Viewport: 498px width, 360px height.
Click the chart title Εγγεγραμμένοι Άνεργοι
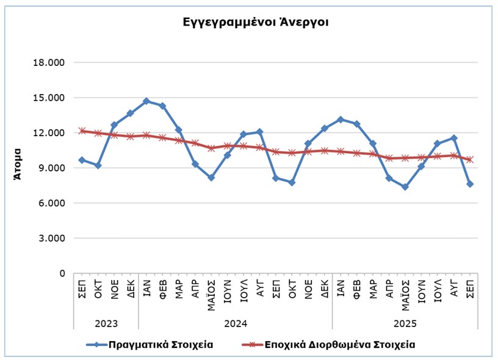(256, 23)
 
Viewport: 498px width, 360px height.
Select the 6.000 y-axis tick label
(54, 203)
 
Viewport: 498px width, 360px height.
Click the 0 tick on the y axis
(62, 273)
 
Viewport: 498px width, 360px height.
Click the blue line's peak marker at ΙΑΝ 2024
(146, 101)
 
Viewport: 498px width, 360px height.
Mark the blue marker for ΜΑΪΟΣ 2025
(405, 187)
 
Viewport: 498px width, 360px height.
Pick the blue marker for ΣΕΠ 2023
(82, 160)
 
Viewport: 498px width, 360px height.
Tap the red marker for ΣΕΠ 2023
(82, 131)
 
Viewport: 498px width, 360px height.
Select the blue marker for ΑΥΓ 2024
(259, 132)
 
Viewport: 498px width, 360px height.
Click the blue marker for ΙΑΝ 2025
(341, 120)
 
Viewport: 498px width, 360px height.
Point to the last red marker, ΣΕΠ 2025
(470, 160)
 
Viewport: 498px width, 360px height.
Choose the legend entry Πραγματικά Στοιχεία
(161, 344)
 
